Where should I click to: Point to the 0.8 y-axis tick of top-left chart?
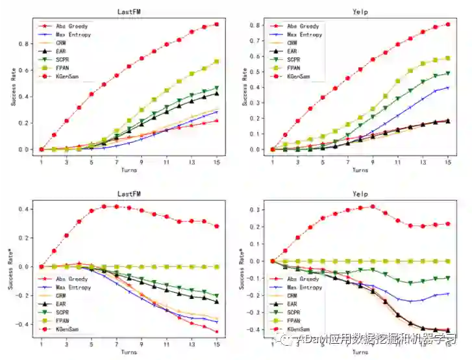tap(27, 44)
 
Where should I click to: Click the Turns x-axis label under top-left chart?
tap(129, 170)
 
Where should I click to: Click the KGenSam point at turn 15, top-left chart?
tap(216, 24)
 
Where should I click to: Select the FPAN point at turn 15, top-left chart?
tap(216, 61)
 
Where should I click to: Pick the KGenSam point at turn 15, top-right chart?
tap(448, 25)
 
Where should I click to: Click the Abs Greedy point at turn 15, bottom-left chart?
tap(216, 332)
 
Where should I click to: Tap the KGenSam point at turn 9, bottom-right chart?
tap(373, 207)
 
